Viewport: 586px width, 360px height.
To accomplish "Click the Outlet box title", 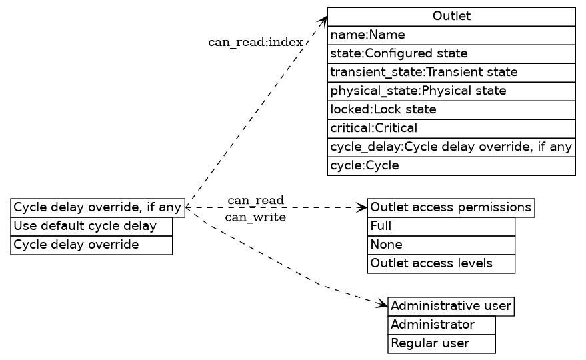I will [451, 16].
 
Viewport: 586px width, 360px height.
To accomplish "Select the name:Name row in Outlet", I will [451, 35].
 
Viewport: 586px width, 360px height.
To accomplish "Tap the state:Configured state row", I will [451, 53].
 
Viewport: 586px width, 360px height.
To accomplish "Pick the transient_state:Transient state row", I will [451, 72].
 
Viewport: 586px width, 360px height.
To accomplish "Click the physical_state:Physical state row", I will [451, 91].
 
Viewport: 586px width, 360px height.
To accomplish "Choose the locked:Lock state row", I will [451, 109].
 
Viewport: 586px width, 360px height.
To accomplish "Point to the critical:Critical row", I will [451, 128].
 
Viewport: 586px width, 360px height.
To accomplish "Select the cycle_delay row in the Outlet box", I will [451, 147].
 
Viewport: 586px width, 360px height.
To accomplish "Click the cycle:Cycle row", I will [451, 165].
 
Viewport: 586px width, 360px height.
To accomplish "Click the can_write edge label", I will [255, 217].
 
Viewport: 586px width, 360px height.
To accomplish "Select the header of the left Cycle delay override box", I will [97, 207].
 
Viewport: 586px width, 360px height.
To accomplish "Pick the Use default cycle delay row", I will [91, 226].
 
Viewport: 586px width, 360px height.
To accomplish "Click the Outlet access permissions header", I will [451, 207].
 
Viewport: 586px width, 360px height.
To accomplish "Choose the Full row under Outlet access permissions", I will [441, 226].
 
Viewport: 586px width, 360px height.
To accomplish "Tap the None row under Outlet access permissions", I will [441, 245].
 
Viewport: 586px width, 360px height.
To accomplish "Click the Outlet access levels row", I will [441, 263].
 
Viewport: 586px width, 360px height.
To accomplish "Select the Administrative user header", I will [451, 306].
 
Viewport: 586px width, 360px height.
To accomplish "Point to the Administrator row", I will [441, 325].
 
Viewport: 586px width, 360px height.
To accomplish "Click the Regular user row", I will [441, 343].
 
